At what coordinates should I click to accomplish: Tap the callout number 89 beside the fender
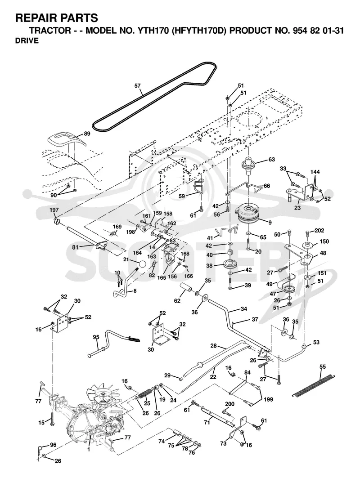pos(87,134)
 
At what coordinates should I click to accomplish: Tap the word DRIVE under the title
pos(27,41)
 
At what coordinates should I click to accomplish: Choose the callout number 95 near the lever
pos(96,337)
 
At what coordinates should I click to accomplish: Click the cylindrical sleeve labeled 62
pos(187,288)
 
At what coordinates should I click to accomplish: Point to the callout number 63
pos(271,160)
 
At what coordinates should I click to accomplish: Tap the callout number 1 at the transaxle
pos(89,449)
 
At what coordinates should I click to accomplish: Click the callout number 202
pos(319,231)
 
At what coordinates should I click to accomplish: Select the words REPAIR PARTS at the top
pos(57,18)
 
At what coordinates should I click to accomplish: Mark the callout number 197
pos(54,210)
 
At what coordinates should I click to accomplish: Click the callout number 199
pos(268,399)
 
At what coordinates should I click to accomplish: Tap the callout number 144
pos(315,172)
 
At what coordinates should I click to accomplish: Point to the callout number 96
pos(53,445)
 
